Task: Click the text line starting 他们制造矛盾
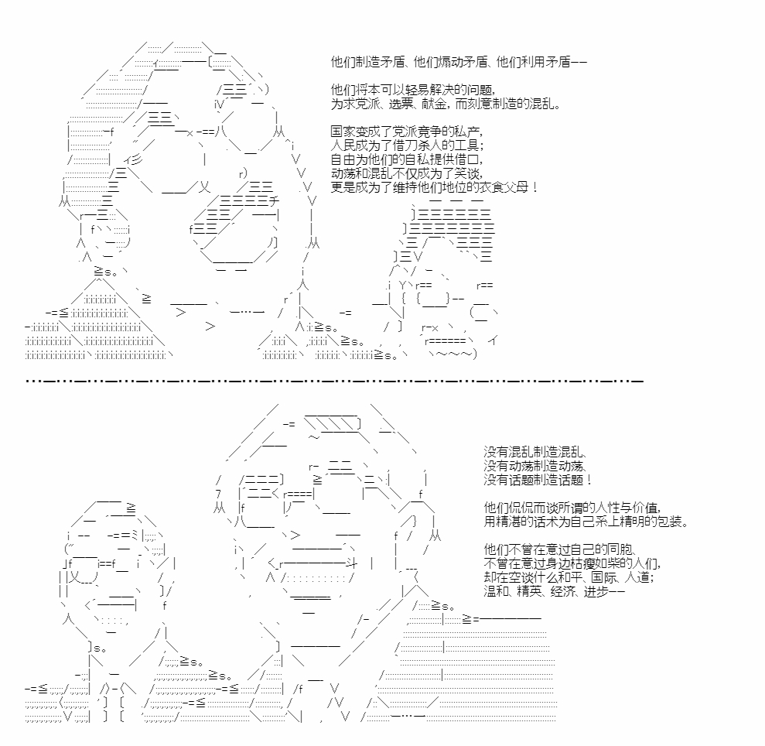(x=459, y=62)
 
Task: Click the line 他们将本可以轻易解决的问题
(x=414, y=90)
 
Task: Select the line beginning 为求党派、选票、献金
(x=446, y=104)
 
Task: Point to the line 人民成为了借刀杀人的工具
(x=408, y=145)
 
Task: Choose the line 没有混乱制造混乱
(x=535, y=452)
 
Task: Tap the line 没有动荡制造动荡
(x=535, y=466)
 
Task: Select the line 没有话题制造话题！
(x=538, y=480)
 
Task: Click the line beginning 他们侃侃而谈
(x=572, y=508)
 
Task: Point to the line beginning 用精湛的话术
(x=586, y=522)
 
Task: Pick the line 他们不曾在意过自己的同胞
(x=560, y=549)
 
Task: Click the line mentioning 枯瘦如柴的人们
(x=572, y=563)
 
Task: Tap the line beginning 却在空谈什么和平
(x=569, y=577)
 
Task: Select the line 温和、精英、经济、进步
(x=555, y=591)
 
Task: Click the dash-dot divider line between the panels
(x=335, y=380)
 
